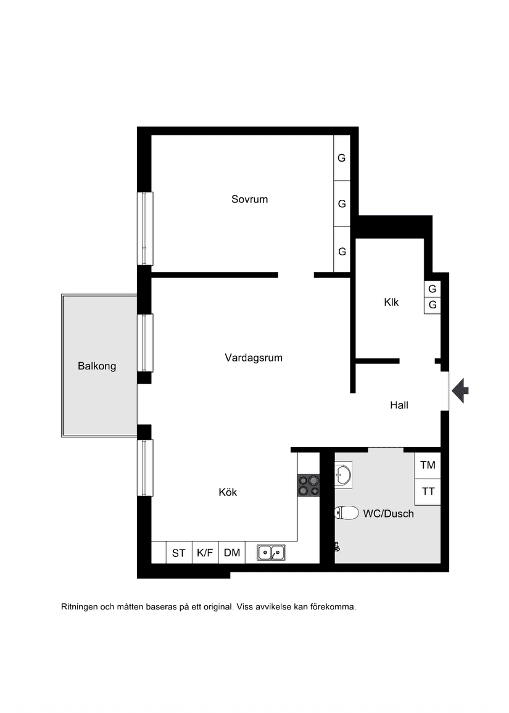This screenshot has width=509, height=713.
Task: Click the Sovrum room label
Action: click(x=249, y=199)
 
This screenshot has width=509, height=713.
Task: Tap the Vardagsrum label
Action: click(x=254, y=358)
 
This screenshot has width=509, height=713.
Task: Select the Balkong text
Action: click(x=97, y=366)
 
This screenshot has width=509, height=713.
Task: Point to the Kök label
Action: click(x=228, y=492)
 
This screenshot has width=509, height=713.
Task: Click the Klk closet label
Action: click(x=391, y=302)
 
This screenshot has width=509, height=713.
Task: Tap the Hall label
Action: click(x=399, y=405)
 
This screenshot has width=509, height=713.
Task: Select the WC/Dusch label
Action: click(x=388, y=513)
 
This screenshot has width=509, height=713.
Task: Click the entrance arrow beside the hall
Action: click(x=460, y=390)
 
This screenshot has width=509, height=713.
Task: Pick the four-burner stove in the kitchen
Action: click(x=308, y=485)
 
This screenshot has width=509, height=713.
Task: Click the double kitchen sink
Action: click(x=271, y=553)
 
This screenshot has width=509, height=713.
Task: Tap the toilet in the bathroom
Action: click(x=347, y=513)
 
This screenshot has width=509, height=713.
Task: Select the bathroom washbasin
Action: click(x=344, y=475)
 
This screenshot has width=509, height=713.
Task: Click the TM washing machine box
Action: click(x=428, y=465)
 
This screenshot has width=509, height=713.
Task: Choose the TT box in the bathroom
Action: click(x=428, y=492)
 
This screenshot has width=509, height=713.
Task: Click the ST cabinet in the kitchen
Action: click(x=179, y=553)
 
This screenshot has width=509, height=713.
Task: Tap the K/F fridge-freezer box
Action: click(x=205, y=553)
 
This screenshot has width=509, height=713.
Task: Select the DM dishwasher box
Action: click(x=232, y=553)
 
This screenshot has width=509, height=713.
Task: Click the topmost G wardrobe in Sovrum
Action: click(x=342, y=158)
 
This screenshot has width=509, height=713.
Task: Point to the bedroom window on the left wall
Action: click(x=144, y=229)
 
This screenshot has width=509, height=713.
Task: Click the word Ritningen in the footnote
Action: click(x=80, y=607)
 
